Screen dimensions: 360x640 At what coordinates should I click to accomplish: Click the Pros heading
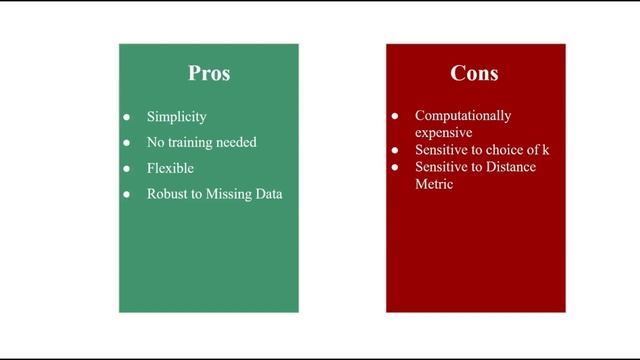pyautogui.click(x=209, y=74)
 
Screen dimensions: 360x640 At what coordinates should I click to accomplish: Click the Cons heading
pyautogui.click(x=475, y=74)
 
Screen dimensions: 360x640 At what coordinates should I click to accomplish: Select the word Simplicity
pyautogui.click(x=176, y=117)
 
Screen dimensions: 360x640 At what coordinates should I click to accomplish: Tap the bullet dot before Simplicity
pyautogui.click(x=127, y=117)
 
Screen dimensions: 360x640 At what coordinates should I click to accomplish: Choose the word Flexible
pyautogui.click(x=170, y=168)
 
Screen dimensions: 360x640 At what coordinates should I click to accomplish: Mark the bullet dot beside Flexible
pyautogui.click(x=127, y=168)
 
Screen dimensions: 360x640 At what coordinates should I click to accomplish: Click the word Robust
pyautogui.click(x=167, y=194)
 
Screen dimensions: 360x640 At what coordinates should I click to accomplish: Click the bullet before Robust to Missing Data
pyautogui.click(x=127, y=194)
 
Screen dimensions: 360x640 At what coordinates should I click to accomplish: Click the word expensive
pyautogui.click(x=443, y=132)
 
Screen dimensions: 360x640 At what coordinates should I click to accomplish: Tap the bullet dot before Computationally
pyautogui.click(x=395, y=116)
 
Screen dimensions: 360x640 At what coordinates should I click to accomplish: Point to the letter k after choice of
pyautogui.click(x=546, y=149)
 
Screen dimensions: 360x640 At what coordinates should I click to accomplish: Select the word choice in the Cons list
pyautogui.click(x=507, y=149)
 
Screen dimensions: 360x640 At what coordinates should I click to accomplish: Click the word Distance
pyautogui.click(x=510, y=166)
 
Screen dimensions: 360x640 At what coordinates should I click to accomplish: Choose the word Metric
pyautogui.click(x=435, y=183)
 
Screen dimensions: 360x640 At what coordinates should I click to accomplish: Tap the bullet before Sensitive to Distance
pyautogui.click(x=395, y=166)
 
